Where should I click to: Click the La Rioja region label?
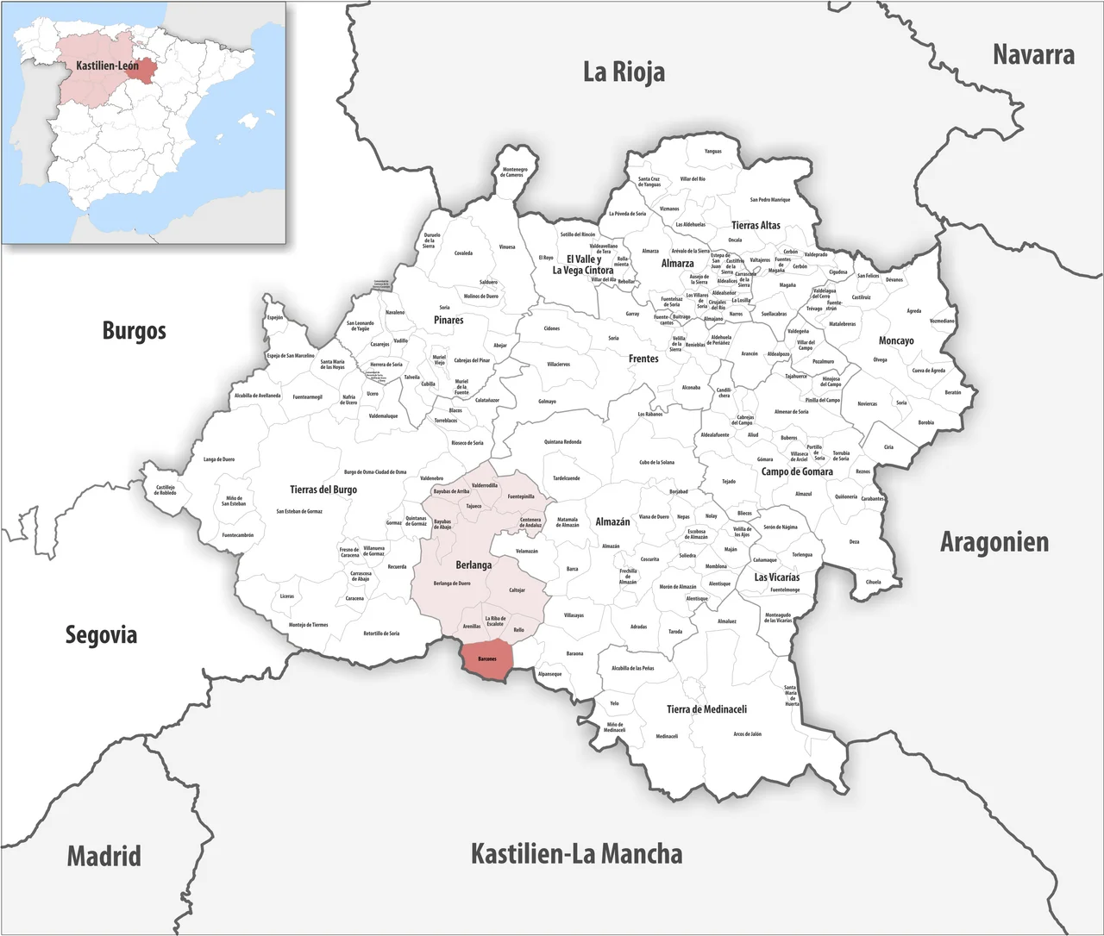(x=624, y=72)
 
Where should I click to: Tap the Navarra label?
(x=1033, y=55)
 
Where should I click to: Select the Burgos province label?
(x=134, y=330)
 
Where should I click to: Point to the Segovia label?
(x=101, y=635)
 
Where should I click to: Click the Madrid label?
(x=103, y=856)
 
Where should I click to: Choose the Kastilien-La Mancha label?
(x=576, y=854)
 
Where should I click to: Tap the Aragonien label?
(x=994, y=542)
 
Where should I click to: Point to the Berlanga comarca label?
(x=474, y=565)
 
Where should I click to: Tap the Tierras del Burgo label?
(x=323, y=490)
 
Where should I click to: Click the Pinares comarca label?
(x=448, y=320)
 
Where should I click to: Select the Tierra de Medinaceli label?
(x=706, y=709)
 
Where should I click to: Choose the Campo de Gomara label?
(x=797, y=471)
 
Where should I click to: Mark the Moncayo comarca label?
(x=896, y=340)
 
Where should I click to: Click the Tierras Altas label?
(x=756, y=225)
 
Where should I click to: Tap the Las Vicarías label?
(x=776, y=577)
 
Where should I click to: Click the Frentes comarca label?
(x=643, y=359)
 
